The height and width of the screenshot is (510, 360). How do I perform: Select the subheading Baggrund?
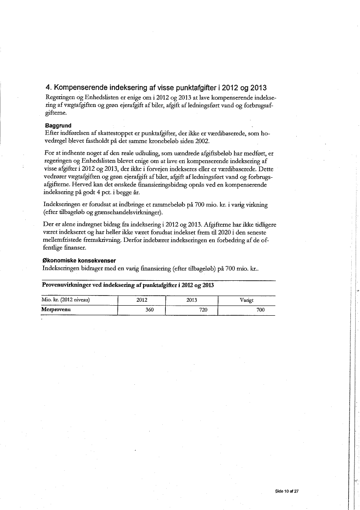(58, 126)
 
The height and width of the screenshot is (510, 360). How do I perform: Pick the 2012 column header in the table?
(142, 300)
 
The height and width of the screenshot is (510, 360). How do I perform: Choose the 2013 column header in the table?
(192, 300)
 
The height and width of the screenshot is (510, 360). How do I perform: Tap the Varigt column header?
(247, 300)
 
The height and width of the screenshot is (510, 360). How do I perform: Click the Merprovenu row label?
(56, 310)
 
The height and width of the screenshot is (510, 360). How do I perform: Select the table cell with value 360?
(149, 310)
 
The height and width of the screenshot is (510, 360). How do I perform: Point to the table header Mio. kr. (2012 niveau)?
(65, 300)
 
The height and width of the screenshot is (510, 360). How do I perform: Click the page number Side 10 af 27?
(287, 491)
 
